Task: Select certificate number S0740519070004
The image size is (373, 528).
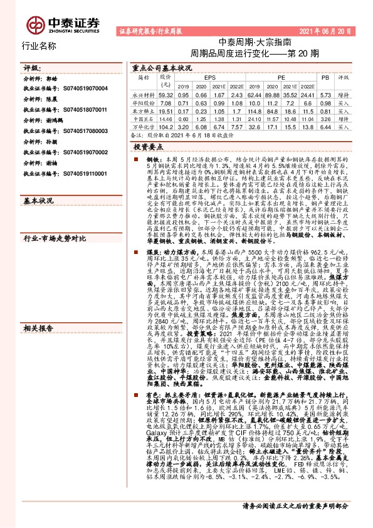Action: [77, 88]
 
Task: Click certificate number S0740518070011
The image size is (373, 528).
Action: [77, 110]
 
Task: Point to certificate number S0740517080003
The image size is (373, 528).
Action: [77, 131]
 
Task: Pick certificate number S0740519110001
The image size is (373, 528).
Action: [77, 174]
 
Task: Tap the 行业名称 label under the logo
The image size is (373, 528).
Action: [39, 46]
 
